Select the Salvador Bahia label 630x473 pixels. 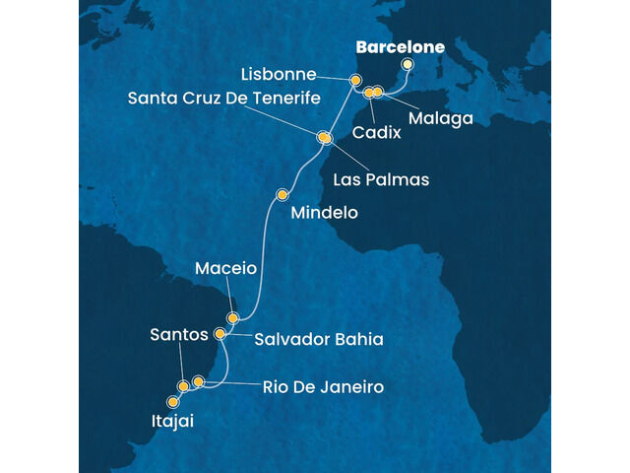319,340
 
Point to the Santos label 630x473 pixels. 180,335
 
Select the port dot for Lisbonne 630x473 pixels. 355,81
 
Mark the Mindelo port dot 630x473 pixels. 283,194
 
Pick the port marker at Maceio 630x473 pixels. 233,318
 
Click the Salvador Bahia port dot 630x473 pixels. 220,334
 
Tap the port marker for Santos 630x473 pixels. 183,386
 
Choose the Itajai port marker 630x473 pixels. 173,402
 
